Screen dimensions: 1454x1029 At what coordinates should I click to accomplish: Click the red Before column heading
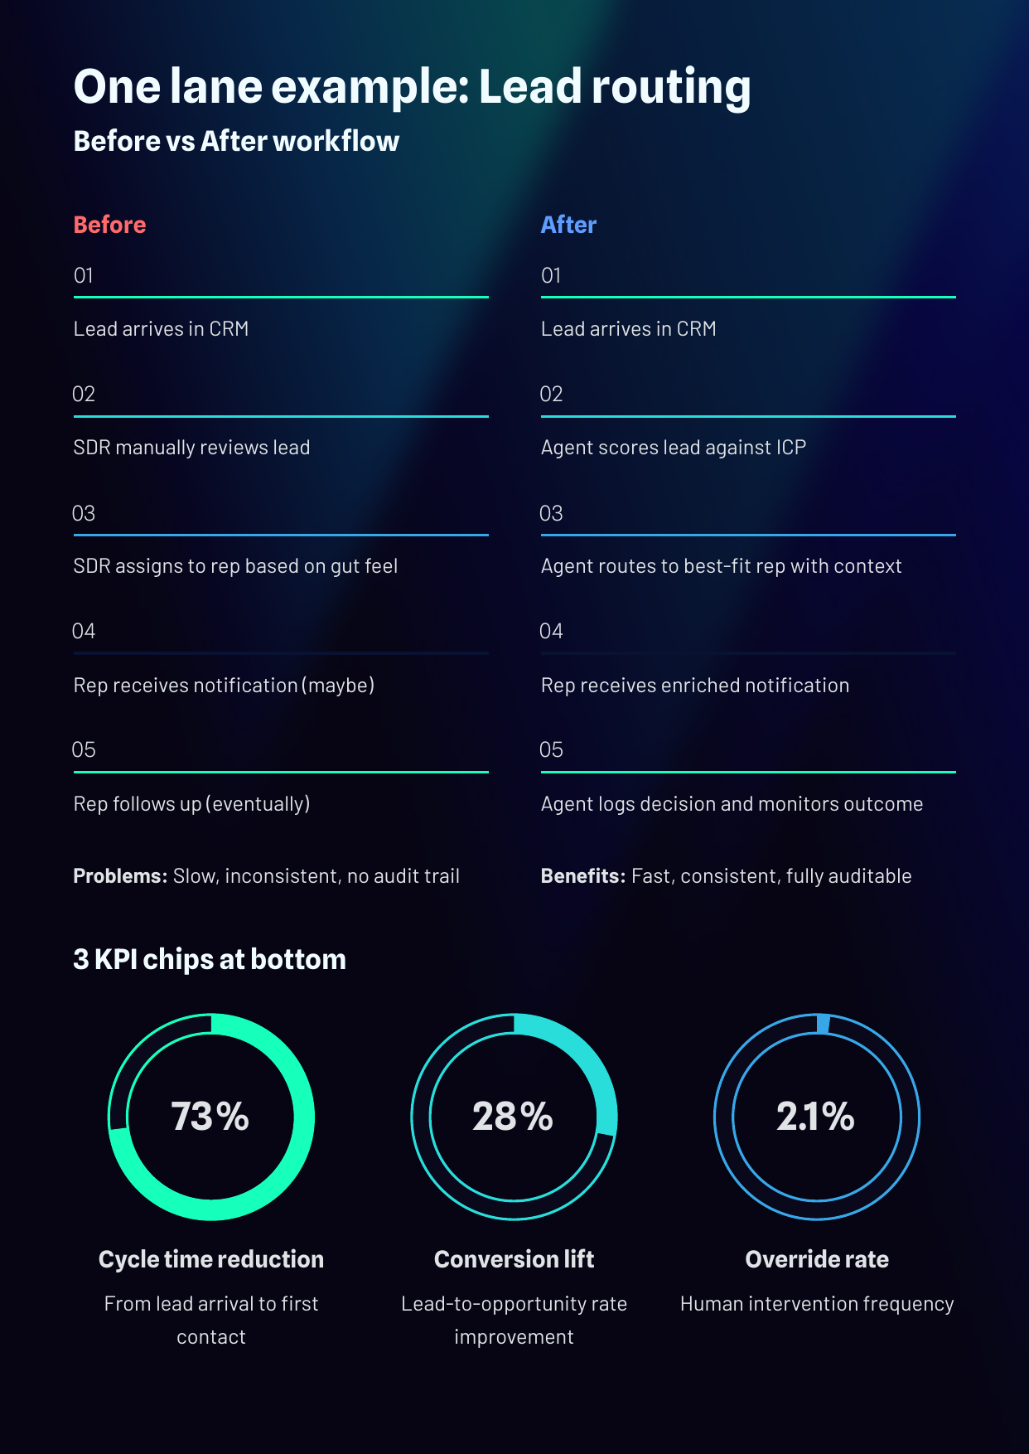(109, 225)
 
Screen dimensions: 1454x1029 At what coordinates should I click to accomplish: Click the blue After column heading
(568, 225)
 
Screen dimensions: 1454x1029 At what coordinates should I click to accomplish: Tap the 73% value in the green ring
(210, 1117)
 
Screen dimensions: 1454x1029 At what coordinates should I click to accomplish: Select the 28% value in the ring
(513, 1117)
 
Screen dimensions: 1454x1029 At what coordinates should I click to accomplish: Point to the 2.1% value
(815, 1117)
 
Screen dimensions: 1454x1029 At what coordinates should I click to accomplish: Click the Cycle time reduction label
(211, 1259)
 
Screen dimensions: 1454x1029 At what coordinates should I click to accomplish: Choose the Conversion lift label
(514, 1259)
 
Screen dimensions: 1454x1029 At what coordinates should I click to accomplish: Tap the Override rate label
(817, 1259)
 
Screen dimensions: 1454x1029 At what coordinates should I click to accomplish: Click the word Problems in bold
(120, 876)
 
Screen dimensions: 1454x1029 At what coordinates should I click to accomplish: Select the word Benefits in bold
(582, 876)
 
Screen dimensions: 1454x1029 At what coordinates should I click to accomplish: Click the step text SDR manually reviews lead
(191, 448)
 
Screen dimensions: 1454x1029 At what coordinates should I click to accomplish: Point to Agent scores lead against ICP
(673, 448)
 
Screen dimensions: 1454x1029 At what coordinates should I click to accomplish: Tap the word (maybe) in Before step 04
(338, 686)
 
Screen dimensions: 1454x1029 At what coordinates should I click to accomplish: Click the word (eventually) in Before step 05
(258, 804)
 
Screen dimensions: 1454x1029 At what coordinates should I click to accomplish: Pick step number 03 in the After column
(551, 513)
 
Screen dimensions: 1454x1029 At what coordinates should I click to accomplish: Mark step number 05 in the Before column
(84, 750)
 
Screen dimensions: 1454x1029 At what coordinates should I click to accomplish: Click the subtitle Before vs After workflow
(236, 142)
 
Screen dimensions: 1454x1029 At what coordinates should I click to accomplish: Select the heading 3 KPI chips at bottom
(210, 959)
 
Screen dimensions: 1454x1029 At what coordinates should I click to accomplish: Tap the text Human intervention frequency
(817, 1304)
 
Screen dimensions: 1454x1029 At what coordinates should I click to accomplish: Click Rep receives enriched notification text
(694, 686)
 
